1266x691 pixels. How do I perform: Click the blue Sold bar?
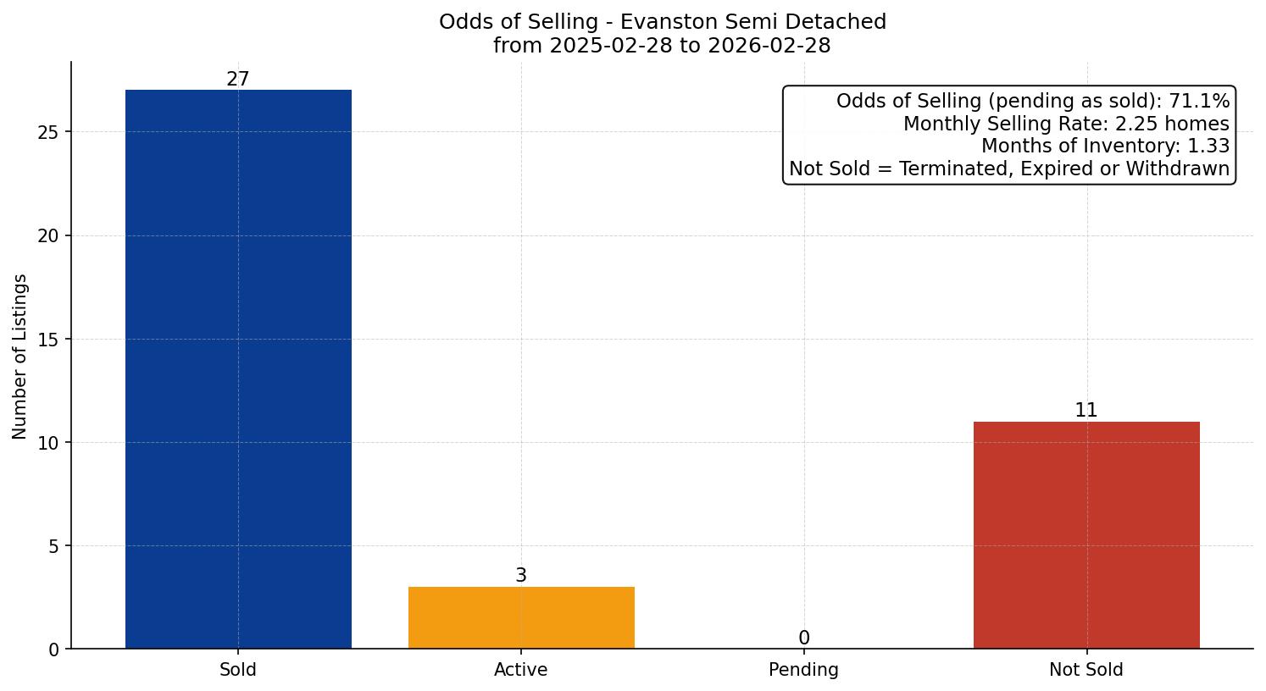click(x=238, y=369)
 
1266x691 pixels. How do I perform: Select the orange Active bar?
click(x=521, y=617)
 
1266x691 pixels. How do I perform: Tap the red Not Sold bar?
click(x=1086, y=535)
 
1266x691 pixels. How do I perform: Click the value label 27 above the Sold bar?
click(x=238, y=80)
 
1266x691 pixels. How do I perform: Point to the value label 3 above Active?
click(x=521, y=576)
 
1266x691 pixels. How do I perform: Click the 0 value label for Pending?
click(x=803, y=638)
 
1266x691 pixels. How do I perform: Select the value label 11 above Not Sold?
click(x=1086, y=411)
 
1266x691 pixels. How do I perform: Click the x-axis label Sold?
click(x=238, y=670)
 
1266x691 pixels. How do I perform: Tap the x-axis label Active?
click(x=521, y=670)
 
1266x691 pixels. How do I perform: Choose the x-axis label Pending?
click(x=803, y=670)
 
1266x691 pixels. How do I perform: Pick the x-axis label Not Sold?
click(x=1086, y=670)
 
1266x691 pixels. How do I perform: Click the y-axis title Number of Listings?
click(x=19, y=356)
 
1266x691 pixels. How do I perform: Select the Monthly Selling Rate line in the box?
click(x=1066, y=124)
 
